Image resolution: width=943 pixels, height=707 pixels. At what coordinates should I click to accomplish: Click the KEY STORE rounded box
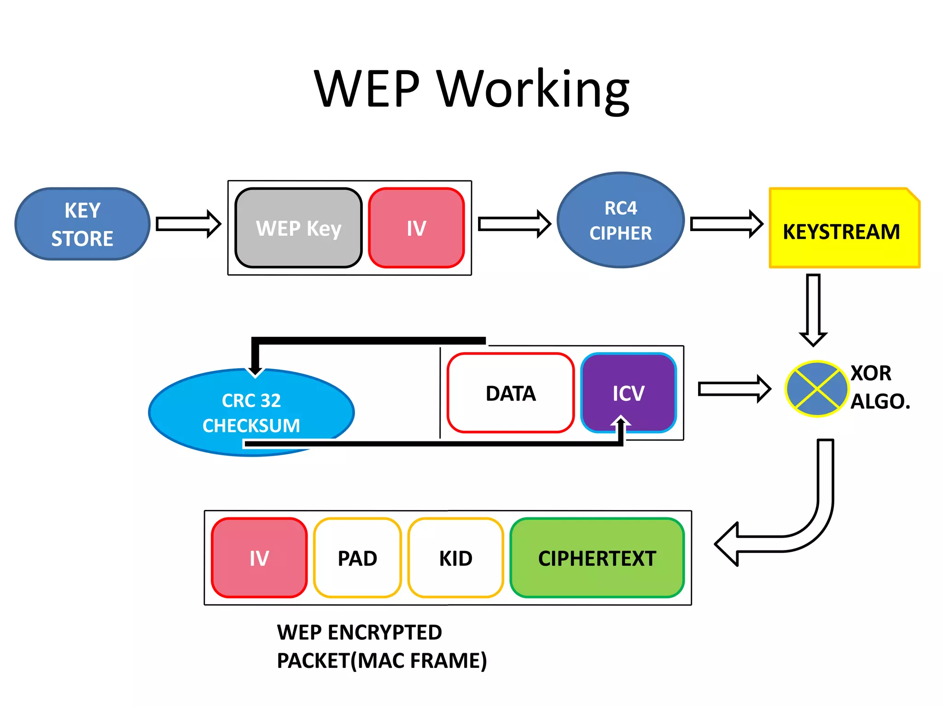[x=82, y=224]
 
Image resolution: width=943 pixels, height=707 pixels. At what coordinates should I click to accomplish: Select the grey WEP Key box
[x=298, y=228]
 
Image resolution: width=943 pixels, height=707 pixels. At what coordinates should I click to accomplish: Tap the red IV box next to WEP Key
[x=416, y=228]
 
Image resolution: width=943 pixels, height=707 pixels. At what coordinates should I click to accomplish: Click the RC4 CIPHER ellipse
[x=620, y=220]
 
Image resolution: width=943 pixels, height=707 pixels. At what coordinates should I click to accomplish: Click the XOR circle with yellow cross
[x=816, y=389]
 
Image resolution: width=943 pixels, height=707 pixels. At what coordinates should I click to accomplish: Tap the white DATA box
[x=510, y=393]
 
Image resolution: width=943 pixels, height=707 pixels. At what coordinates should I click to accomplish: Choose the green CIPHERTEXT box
[x=597, y=558]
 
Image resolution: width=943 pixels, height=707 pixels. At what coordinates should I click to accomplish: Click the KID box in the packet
[x=455, y=558]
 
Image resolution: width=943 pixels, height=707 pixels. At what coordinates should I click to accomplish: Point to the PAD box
[x=357, y=558]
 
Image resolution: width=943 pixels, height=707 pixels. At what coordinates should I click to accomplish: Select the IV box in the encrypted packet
[x=259, y=558]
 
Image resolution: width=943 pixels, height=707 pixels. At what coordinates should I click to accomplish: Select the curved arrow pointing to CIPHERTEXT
[x=801, y=529]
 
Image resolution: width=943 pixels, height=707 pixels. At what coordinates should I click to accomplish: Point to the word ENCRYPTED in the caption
[x=384, y=632]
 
